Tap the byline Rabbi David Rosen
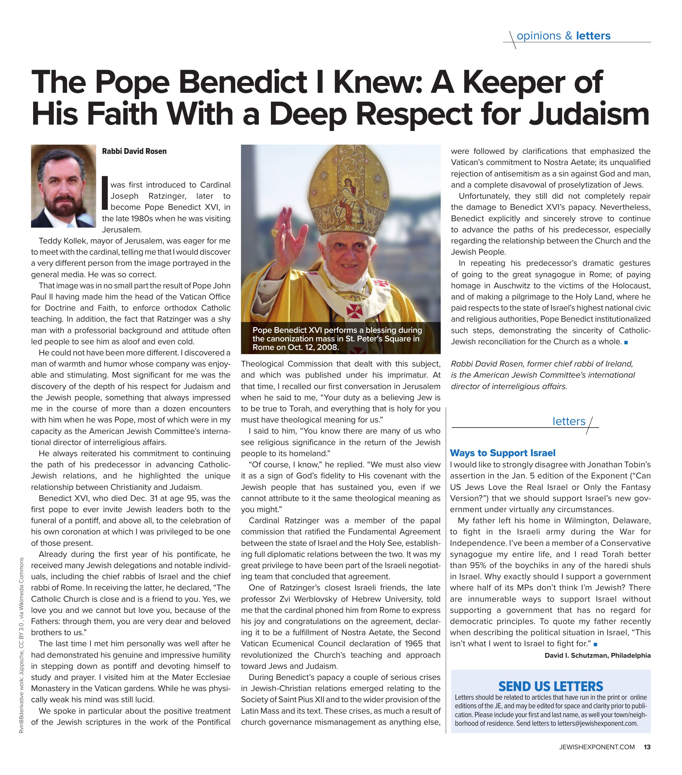pos(134,151)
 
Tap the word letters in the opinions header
pos(593,36)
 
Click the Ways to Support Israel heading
pos(502,453)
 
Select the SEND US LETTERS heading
pos(550,686)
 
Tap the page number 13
pos(647,747)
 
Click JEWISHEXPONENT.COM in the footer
pos(597,747)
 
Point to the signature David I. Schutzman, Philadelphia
pos(597,655)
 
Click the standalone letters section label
pos(568,421)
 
